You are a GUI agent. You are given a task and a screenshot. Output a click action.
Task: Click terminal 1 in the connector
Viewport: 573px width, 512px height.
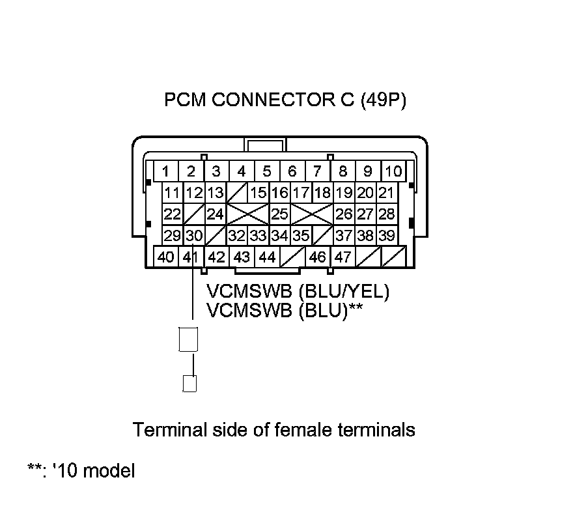click(166, 172)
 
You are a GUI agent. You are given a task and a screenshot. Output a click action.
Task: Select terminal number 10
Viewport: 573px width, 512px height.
click(393, 172)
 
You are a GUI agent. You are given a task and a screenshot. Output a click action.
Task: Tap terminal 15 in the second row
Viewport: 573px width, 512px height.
click(259, 193)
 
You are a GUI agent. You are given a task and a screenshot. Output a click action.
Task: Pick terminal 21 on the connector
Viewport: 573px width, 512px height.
click(385, 193)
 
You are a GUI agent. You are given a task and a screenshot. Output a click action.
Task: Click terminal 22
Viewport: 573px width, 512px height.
click(172, 214)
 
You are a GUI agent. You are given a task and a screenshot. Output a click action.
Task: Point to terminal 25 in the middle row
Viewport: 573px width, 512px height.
click(279, 214)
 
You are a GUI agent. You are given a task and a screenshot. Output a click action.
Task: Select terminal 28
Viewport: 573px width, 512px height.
click(385, 214)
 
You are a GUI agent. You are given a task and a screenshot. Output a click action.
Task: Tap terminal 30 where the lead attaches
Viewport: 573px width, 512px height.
click(193, 235)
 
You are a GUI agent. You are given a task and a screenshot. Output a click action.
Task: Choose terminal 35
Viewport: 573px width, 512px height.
click(300, 235)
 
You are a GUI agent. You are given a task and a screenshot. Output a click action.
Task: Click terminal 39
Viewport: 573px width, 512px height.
click(385, 235)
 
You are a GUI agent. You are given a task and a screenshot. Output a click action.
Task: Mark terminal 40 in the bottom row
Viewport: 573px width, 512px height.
click(166, 257)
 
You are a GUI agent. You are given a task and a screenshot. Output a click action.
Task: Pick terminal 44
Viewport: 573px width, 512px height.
click(267, 257)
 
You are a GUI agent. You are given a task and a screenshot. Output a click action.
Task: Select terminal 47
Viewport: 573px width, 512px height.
click(342, 257)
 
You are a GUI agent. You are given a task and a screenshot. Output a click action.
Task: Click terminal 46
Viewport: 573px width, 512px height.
click(317, 257)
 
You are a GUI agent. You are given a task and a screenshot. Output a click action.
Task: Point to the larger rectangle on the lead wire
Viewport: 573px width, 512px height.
click(188, 339)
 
